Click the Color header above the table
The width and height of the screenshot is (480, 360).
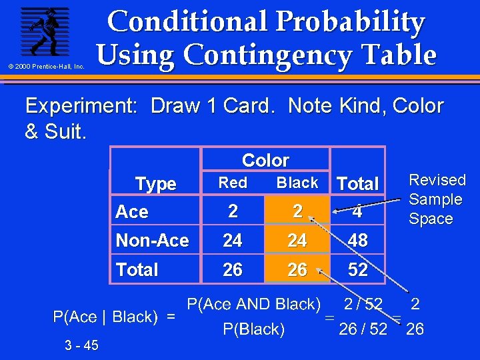(265, 160)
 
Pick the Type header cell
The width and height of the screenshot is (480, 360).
(155, 183)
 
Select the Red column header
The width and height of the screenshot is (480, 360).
(233, 183)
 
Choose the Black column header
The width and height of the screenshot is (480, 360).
(297, 183)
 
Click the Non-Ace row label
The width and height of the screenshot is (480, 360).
(152, 240)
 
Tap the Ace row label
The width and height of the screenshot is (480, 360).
(132, 212)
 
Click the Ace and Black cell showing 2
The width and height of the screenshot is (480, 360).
(297, 211)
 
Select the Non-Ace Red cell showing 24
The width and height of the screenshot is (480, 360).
(233, 240)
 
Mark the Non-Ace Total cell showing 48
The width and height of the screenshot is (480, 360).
(358, 240)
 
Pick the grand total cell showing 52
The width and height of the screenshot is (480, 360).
(358, 269)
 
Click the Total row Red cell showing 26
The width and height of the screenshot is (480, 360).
(233, 269)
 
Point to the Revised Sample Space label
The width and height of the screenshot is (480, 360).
(437, 199)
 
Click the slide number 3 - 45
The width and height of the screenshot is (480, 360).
(82, 345)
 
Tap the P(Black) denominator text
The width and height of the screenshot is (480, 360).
(253, 329)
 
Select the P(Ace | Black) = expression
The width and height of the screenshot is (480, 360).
(114, 317)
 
